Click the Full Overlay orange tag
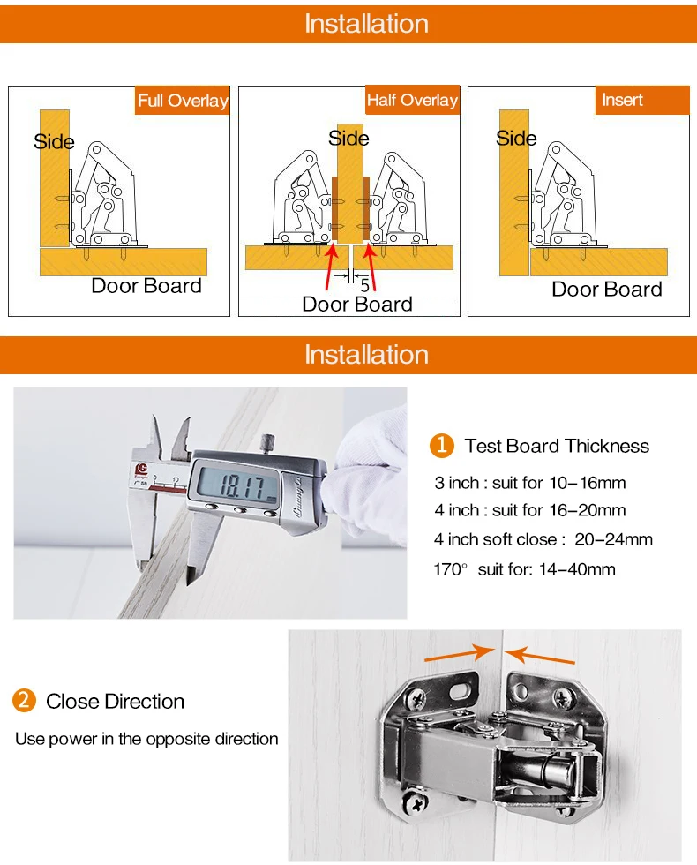coord(183,101)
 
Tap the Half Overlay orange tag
coord(413,100)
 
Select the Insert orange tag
coord(642,100)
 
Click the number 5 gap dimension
coord(364,285)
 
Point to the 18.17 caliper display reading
coord(242,486)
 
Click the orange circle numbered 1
coord(442,445)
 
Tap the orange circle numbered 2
coord(25,701)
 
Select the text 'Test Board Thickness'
coord(557,446)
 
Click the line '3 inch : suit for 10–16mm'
coord(530,483)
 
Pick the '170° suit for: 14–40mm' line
coord(524,568)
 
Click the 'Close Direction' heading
coord(116,701)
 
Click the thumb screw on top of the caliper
coord(268,443)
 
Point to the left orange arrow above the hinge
coord(460,653)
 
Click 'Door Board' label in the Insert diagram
coord(607,290)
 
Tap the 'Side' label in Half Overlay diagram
coord(348,138)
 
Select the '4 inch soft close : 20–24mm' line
coord(543,539)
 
